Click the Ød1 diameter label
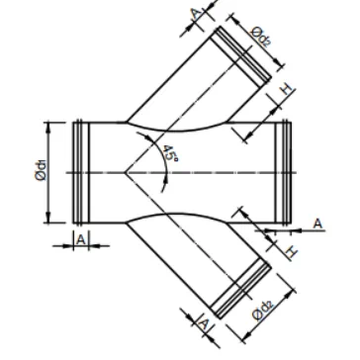point(42,172)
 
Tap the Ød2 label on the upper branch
point(260,37)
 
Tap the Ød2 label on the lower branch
point(263,311)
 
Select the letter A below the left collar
point(81,239)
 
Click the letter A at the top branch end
point(196,14)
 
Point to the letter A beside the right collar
point(317,224)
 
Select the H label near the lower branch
point(292,252)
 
